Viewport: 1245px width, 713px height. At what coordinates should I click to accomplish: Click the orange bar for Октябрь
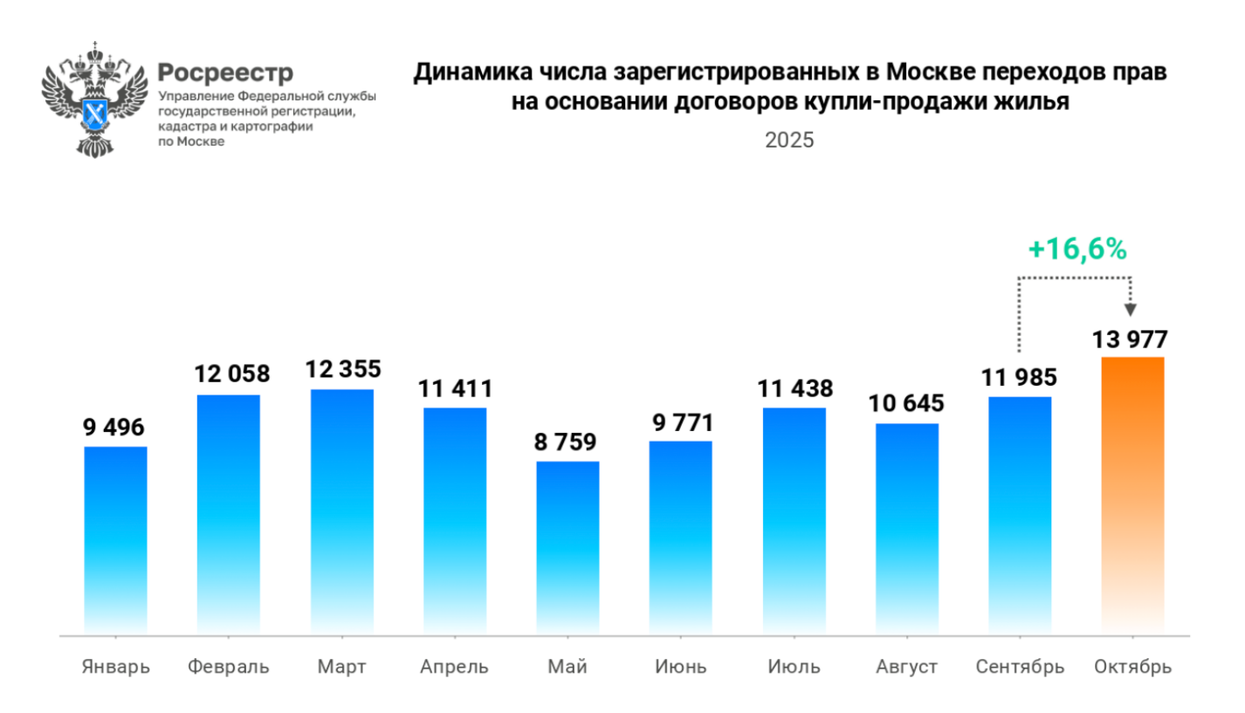1132,494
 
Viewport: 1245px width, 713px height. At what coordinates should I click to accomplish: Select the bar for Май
567,546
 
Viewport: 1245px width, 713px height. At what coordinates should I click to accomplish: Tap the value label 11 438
794,389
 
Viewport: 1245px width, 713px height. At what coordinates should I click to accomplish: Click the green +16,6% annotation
1076,250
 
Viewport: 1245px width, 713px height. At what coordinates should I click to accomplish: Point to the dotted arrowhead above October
1132,309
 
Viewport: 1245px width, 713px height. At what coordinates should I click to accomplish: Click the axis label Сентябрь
1020,668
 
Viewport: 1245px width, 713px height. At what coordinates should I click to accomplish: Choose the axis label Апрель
454,668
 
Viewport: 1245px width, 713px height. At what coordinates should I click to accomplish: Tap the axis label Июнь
680,668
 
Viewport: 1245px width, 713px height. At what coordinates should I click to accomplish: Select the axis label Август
906,668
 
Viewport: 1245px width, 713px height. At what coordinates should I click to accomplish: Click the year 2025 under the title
789,141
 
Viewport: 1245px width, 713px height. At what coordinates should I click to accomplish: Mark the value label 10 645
906,405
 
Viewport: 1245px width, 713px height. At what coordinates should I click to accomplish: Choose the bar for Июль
794,520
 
